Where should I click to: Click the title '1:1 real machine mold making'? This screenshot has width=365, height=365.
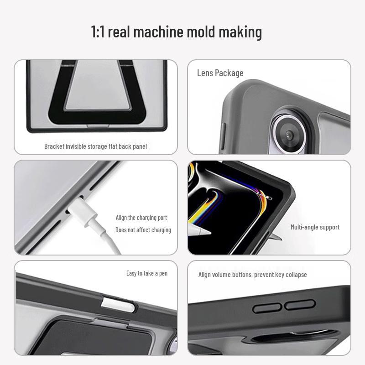176,32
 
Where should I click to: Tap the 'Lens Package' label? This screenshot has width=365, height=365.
220,73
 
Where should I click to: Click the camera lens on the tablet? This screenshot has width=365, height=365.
289,135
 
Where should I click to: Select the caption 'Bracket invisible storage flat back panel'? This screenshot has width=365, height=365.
95,146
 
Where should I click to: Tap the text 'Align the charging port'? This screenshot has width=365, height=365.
141,218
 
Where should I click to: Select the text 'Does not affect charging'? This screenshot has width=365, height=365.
143,230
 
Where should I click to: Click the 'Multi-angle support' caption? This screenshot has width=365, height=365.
315,227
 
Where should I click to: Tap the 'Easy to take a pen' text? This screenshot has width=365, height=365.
146,273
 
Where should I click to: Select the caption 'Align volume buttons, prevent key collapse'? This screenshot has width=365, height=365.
252,275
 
